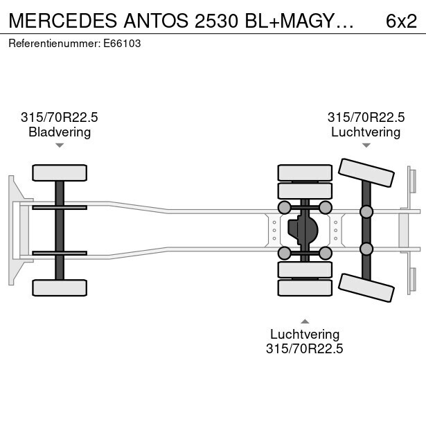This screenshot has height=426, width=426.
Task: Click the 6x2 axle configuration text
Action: (401, 21)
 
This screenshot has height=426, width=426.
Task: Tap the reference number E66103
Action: (122, 44)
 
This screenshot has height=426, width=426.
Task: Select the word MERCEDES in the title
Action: (63, 21)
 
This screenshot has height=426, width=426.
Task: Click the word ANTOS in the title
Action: (156, 21)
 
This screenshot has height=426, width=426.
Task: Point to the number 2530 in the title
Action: (217, 21)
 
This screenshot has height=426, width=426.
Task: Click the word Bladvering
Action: (60, 132)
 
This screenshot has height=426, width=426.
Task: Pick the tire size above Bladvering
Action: (60, 117)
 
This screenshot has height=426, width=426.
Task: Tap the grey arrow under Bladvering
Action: (60, 145)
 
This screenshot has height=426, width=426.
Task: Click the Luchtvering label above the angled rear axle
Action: (366, 132)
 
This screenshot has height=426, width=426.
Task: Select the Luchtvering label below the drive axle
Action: (305, 334)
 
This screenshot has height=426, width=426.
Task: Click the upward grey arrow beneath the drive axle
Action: (305, 321)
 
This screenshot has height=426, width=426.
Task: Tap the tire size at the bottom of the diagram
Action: (305, 348)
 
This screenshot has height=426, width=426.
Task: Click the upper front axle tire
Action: (60, 172)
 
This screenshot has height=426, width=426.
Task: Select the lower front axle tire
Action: (60, 287)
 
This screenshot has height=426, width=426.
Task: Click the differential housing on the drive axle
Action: (303, 230)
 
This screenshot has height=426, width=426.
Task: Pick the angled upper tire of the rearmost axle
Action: (366, 172)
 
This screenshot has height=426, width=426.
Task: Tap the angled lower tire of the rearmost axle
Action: (366, 287)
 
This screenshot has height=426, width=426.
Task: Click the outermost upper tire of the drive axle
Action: (305, 172)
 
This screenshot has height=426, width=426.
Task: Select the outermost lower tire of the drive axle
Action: (305, 287)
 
